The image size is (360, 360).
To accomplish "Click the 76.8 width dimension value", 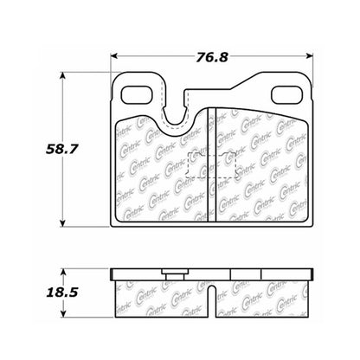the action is pos(212,57).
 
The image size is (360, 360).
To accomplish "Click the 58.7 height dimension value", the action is pos(62,149).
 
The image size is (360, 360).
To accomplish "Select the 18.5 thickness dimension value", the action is pos(62,292).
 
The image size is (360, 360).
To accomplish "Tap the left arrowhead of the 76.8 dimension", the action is pos(114,56).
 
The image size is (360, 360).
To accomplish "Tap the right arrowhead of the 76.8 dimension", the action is pos(309,56).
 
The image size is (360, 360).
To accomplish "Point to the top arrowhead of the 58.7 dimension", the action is pos(62,75).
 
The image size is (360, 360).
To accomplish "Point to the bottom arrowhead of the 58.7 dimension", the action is pos(62,223).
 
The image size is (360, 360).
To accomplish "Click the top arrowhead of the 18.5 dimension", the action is pos(64,273).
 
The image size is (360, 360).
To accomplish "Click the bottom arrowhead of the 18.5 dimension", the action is pos(64,314).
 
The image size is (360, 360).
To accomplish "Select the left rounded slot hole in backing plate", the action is pos(137,95).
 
